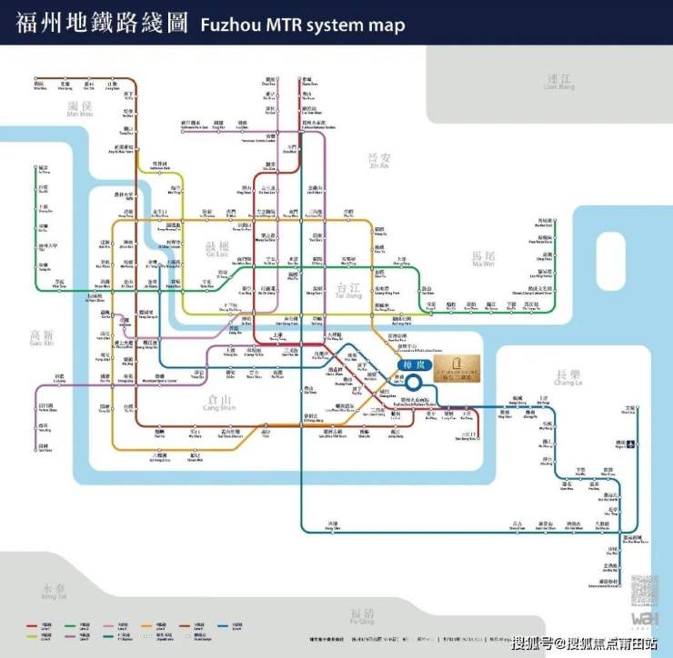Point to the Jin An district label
[x=377, y=161]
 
